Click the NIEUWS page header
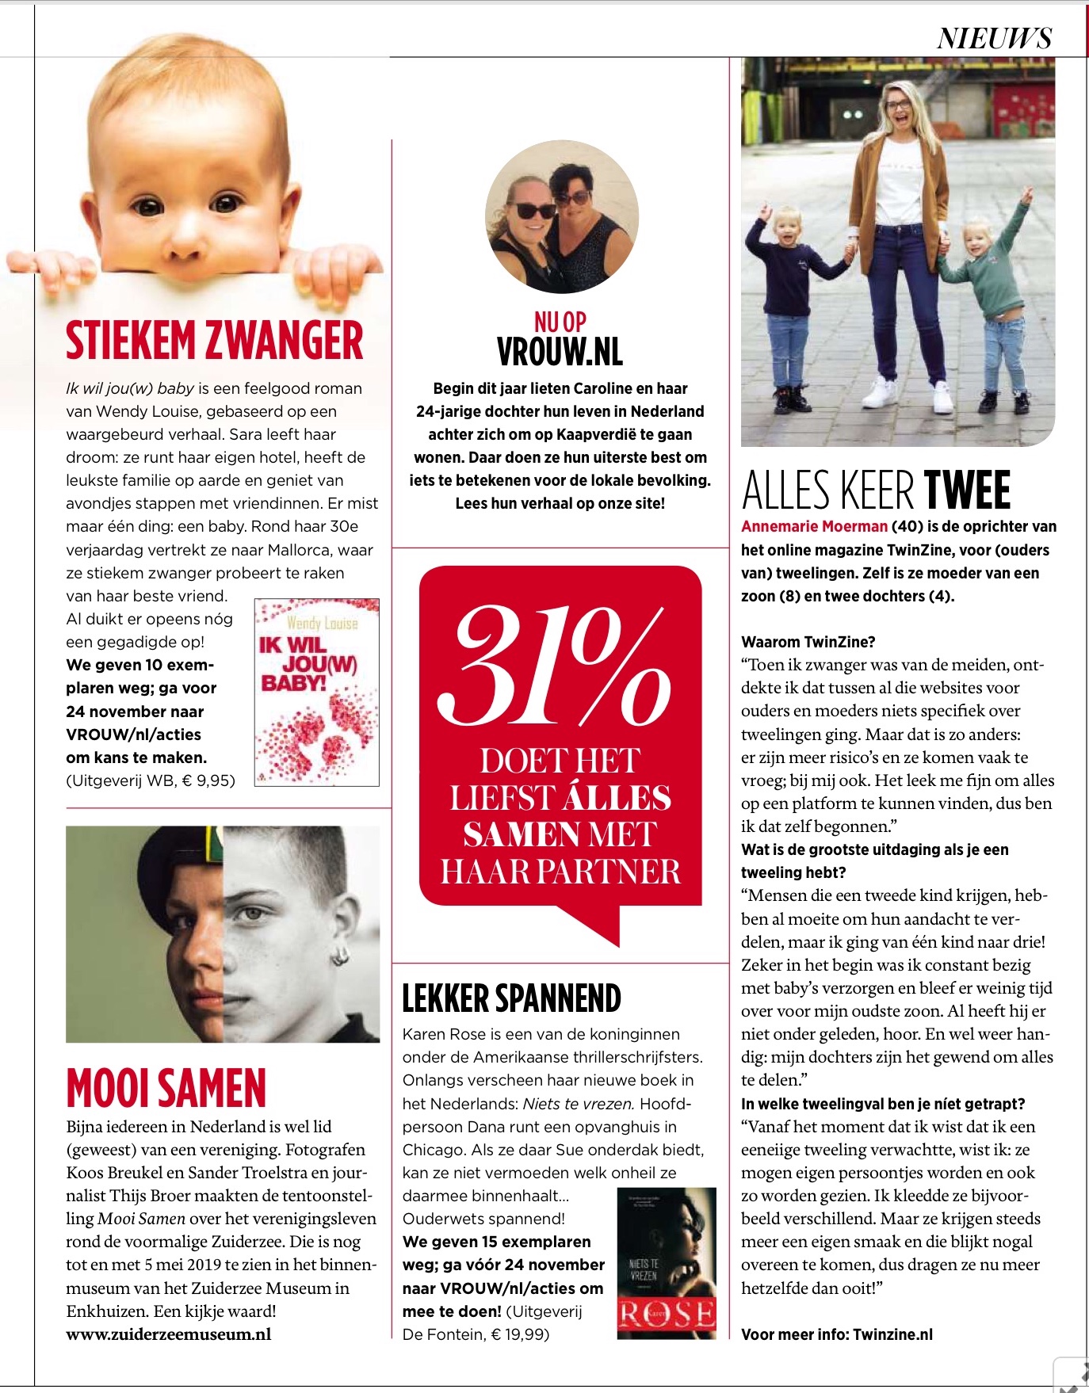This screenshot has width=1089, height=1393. click(x=994, y=39)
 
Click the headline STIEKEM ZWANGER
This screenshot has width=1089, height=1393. click(x=214, y=341)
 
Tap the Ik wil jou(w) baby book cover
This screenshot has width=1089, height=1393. click(x=316, y=692)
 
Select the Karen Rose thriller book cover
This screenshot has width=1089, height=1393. click(x=666, y=1263)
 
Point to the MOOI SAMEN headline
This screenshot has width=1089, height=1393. click(x=166, y=1088)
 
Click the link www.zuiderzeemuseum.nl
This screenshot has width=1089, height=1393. click(x=168, y=1334)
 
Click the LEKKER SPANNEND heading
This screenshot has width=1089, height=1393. click(x=511, y=998)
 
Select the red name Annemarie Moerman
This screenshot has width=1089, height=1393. click(x=814, y=526)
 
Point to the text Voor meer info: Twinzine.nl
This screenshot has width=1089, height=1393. click(x=836, y=1334)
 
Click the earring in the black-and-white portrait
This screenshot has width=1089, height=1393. click(x=340, y=956)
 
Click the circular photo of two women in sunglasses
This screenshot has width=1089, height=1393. click(x=560, y=218)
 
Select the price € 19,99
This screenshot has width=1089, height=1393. click(x=515, y=1334)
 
